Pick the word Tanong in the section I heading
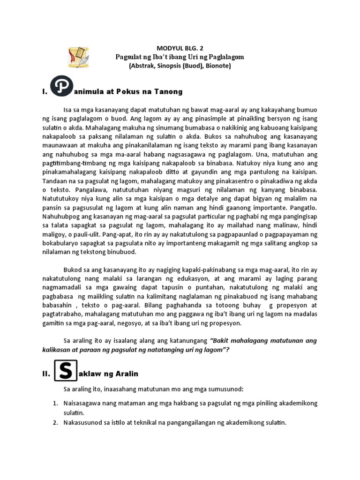click(167, 91)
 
